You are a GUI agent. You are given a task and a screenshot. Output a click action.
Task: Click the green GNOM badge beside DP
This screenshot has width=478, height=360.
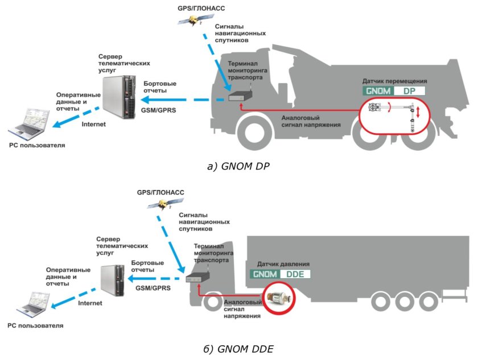(378, 90)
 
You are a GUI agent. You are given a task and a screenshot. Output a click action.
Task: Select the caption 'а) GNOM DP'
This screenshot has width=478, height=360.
(239, 167)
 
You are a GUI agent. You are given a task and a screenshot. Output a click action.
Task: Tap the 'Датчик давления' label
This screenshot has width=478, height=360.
(283, 264)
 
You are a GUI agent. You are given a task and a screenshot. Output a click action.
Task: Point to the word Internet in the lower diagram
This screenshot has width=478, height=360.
(90, 303)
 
